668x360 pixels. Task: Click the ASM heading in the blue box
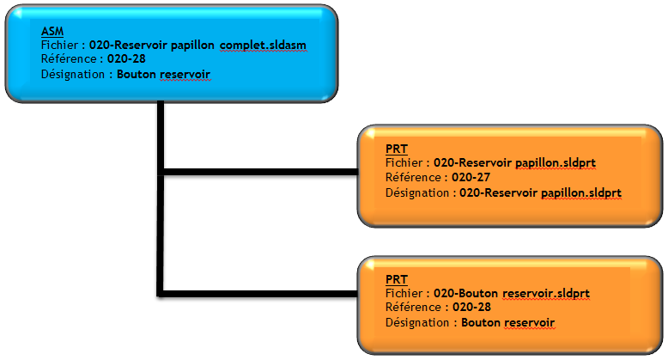52,31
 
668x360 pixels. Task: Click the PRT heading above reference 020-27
396,149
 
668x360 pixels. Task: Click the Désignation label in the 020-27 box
416,193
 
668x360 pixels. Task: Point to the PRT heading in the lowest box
396,280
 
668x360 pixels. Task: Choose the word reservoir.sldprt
545,294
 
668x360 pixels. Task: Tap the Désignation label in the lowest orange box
416,323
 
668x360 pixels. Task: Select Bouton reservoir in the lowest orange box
507,323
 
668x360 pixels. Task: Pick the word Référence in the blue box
68,59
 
